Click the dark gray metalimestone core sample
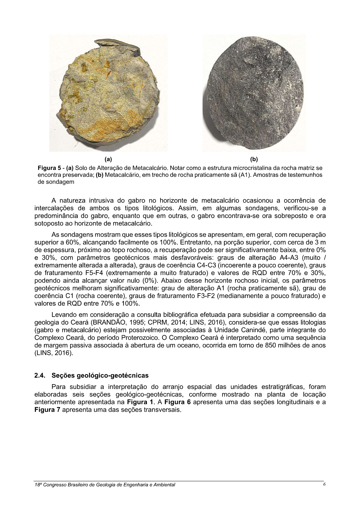tap(254, 93)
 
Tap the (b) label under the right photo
tap(254, 159)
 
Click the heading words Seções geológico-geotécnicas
tap(100, 375)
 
